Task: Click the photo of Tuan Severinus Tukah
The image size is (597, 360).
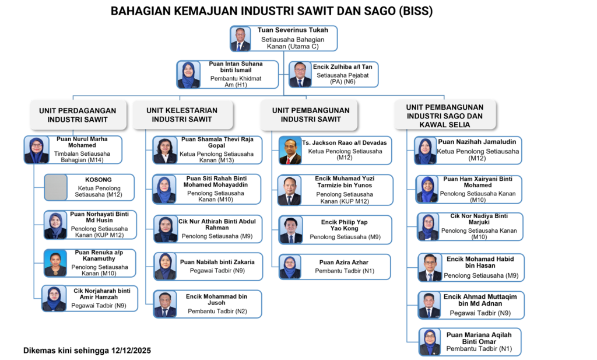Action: click(240, 39)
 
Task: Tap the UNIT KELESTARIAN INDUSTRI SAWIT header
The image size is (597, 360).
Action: click(182, 115)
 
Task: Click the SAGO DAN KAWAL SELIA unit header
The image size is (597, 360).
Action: click(444, 114)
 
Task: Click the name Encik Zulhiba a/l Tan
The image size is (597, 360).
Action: click(346, 67)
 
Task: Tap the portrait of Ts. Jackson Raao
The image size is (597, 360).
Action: click(289, 151)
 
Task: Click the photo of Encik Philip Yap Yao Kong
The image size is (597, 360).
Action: click(290, 230)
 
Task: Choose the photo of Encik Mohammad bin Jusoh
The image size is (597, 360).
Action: click(165, 304)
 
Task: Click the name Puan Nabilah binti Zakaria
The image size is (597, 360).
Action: click(217, 262)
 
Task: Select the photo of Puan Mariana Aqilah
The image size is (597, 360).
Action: click(430, 342)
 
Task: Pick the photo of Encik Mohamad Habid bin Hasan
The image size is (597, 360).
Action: click(430, 268)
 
